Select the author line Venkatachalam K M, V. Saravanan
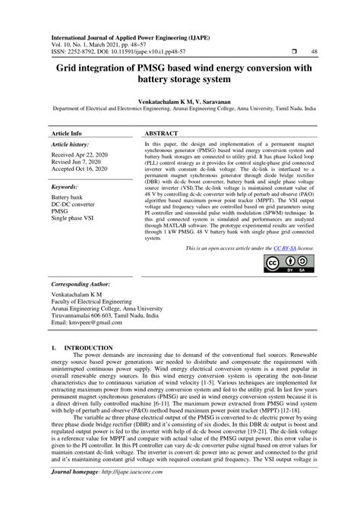click(179, 99)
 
